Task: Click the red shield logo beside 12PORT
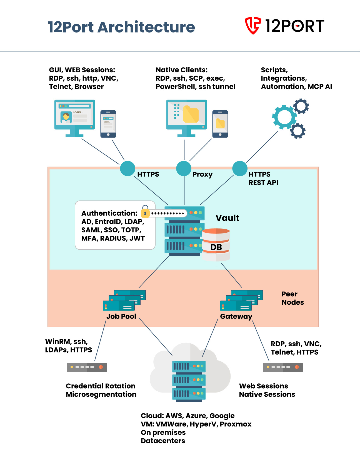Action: point(252,26)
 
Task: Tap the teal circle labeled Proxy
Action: point(184,168)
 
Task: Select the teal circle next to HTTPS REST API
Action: point(240,168)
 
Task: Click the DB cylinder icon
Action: point(216,245)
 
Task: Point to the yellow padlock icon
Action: point(145,213)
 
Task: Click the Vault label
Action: point(227,218)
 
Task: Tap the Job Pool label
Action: point(121,316)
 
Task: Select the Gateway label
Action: point(236,316)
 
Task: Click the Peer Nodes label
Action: point(292,298)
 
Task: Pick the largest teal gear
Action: point(284,117)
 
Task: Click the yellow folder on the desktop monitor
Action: point(191,114)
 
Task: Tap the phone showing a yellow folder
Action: point(220,124)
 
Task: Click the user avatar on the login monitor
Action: point(66,117)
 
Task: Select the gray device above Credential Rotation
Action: point(87,367)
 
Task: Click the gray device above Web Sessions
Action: point(283,367)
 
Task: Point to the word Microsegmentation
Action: point(101,394)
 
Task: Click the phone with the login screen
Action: point(108,124)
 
